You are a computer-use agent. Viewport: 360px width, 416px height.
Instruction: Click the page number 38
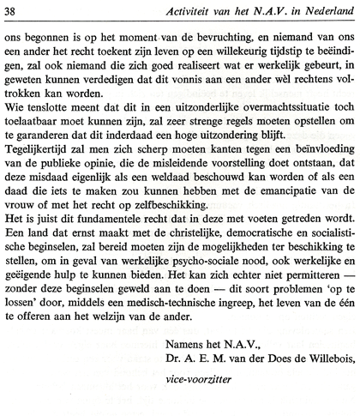pyautogui.click(x=13, y=9)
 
